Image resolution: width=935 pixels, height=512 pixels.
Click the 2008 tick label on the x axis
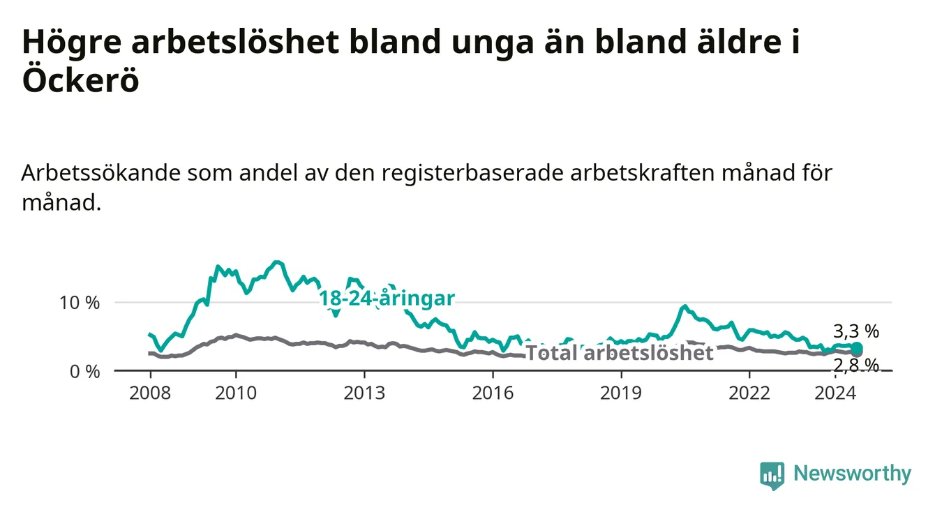[150, 393]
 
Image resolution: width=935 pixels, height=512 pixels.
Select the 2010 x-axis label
[236, 393]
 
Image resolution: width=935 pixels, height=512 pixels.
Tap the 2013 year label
[364, 393]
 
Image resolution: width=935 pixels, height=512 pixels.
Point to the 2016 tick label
[493, 393]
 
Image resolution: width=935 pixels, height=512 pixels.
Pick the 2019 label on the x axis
[621, 393]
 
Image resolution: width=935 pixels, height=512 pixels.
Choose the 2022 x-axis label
[749, 393]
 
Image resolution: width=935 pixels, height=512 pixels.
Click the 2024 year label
[835, 393]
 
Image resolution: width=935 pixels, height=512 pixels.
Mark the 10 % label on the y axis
[80, 303]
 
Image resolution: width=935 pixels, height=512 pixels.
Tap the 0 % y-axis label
[84, 371]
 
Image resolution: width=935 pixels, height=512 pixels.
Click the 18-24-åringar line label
[387, 299]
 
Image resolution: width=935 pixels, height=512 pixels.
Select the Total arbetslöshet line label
[620, 353]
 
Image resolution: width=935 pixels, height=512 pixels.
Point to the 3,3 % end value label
[856, 331]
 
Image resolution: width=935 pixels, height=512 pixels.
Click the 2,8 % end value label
[856, 365]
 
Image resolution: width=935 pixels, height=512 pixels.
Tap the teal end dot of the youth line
[856, 348]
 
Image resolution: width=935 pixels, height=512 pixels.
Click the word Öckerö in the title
[80, 80]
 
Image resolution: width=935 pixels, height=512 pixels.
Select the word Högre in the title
[72, 43]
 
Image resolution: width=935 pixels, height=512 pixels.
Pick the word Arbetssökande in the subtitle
[100, 173]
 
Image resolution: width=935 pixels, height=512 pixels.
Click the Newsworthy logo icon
[772, 476]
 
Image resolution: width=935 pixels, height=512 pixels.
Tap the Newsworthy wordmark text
[853, 474]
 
